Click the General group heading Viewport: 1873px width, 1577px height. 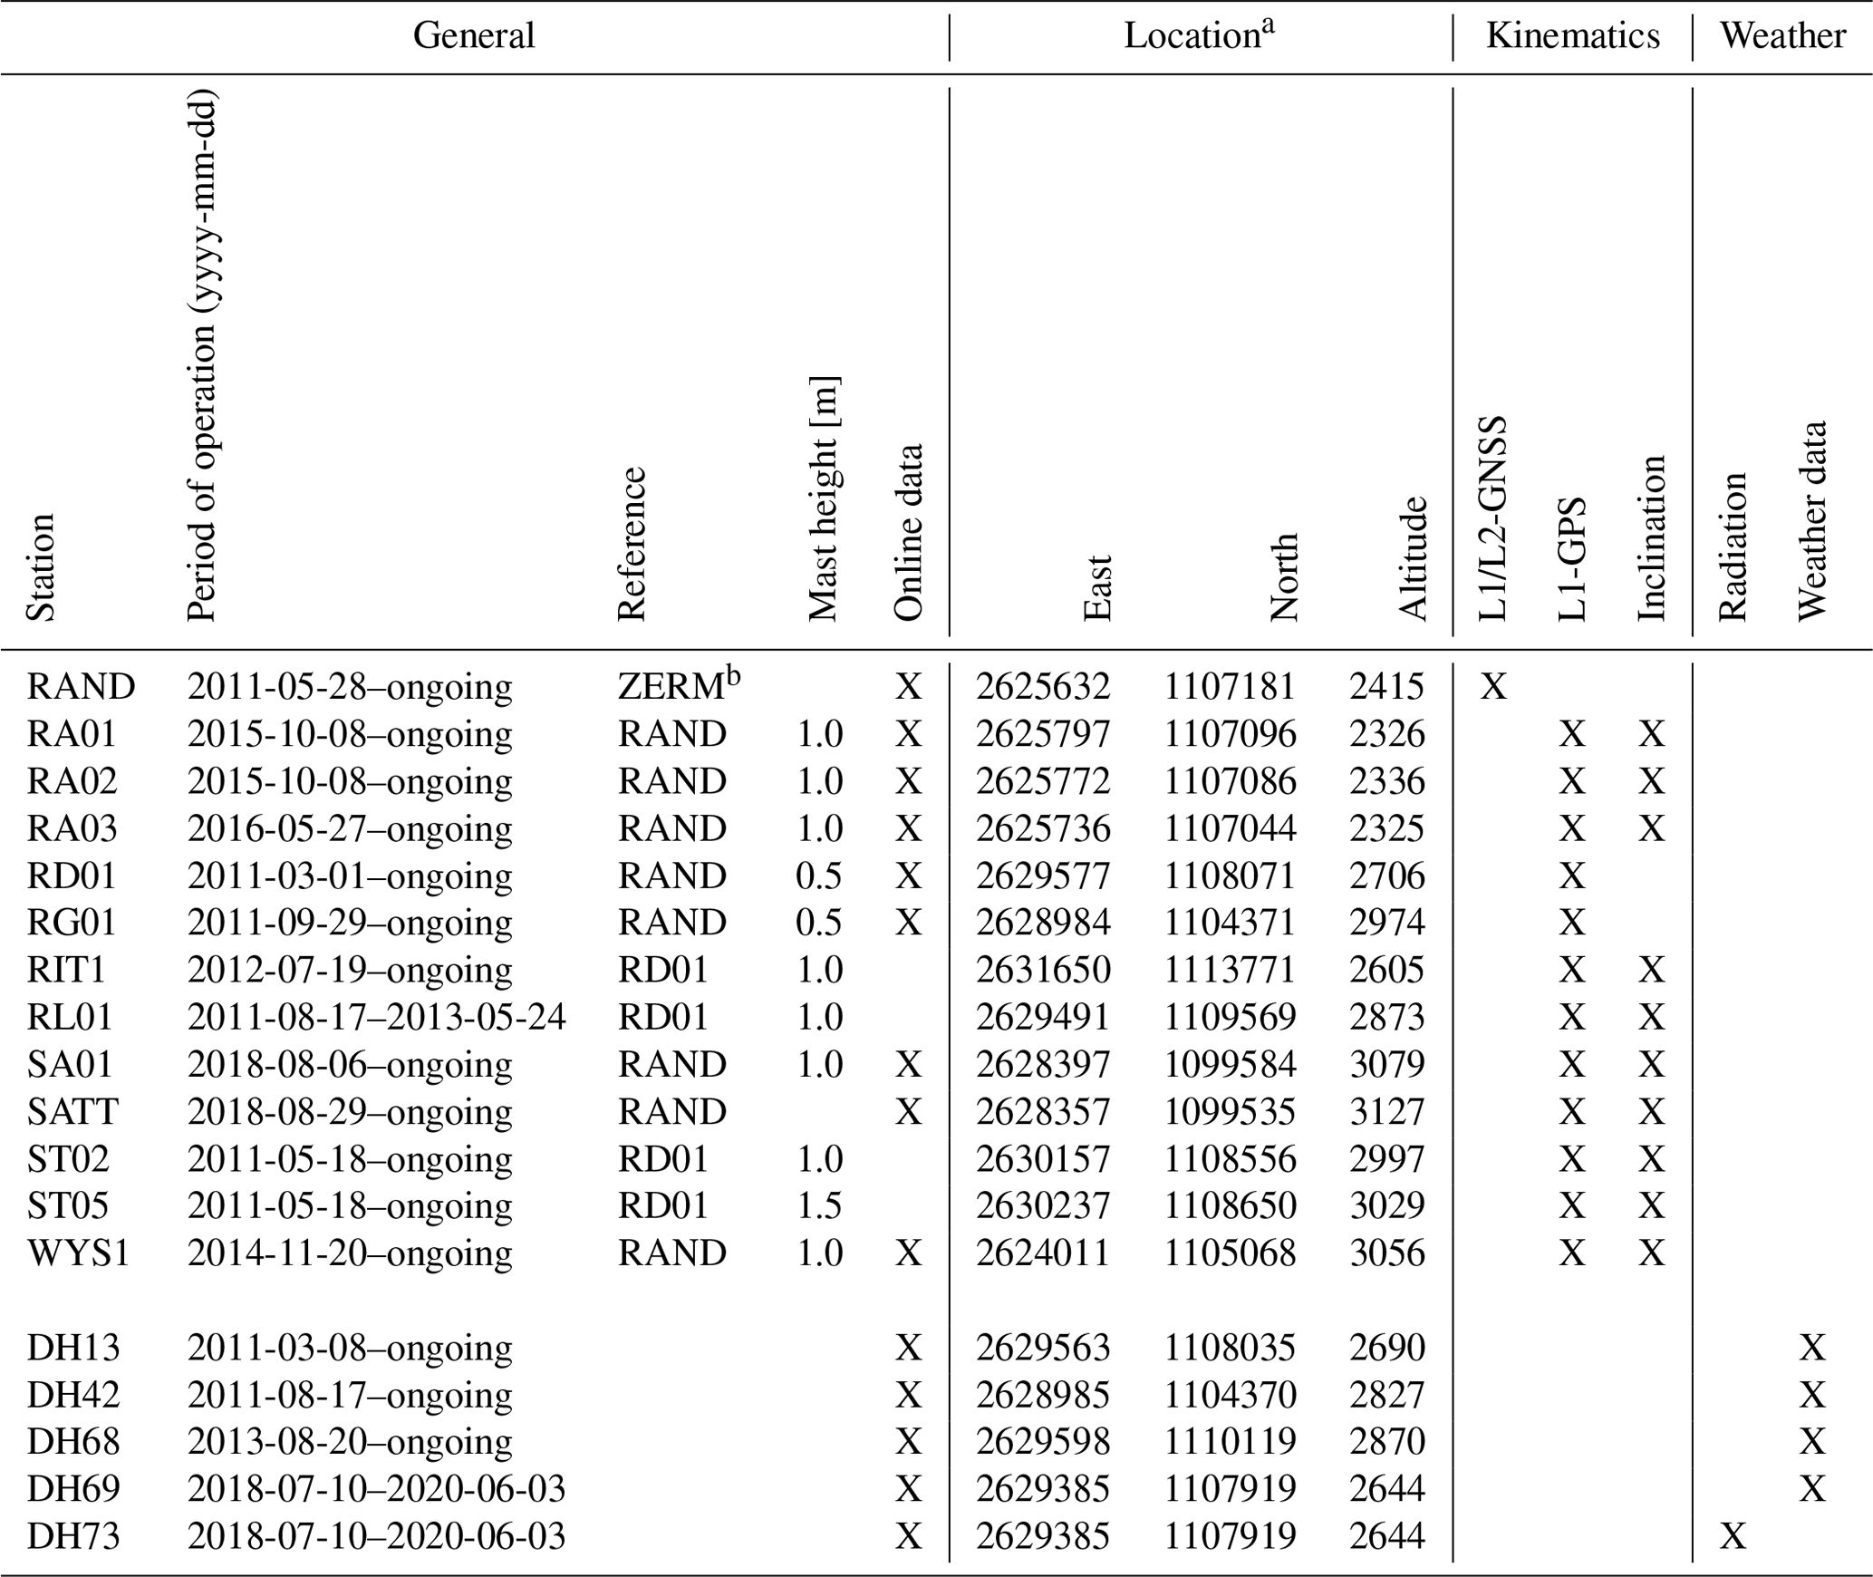(473, 36)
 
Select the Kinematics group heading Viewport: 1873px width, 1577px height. (1573, 36)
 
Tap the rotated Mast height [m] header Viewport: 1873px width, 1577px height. (823, 498)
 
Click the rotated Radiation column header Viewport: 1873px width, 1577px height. (1732, 546)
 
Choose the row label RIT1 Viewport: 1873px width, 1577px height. (66, 970)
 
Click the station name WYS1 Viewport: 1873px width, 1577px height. (78, 1253)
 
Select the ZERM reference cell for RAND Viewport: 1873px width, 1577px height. (671, 687)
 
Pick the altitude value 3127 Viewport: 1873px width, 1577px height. (1386, 1111)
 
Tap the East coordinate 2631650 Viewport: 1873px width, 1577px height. (1042, 970)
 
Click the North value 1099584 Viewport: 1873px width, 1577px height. (1230, 1064)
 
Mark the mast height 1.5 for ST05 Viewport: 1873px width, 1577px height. (819, 1205)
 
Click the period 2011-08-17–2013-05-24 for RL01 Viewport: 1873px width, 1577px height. (376, 1017)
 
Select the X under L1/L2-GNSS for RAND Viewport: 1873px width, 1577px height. (1493, 687)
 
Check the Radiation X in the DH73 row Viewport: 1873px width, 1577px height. (1733, 1536)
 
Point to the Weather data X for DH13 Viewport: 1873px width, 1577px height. (1811, 1348)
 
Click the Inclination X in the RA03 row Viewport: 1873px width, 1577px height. (1652, 828)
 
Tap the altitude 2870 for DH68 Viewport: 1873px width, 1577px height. (1386, 1442)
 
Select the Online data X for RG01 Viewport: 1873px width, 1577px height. (908, 923)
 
